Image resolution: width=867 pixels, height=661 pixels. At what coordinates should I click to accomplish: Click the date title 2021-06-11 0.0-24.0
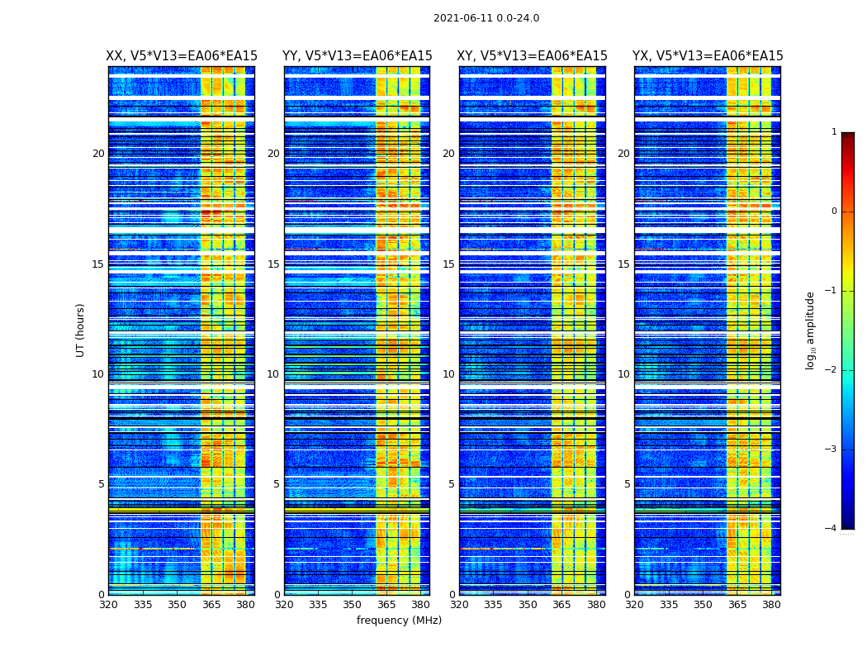click(x=486, y=18)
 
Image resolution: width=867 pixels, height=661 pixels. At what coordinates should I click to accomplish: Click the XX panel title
click(x=182, y=56)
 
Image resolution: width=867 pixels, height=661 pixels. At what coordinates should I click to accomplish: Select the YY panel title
click(x=357, y=56)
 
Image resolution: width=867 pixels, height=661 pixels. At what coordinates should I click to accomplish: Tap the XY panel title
click(x=533, y=56)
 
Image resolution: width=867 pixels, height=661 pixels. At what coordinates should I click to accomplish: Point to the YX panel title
click(x=708, y=56)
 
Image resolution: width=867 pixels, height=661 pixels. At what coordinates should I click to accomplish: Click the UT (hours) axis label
click(x=81, y=330)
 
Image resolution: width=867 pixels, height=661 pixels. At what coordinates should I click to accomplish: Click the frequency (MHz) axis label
click(x=399, y=621)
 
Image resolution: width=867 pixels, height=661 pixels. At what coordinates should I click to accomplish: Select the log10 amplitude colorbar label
click(x=811, y=330)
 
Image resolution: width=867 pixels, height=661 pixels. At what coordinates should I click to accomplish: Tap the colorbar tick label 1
click(x=834, y=132)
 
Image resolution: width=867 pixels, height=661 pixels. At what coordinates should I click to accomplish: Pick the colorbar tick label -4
click(x=832, y=529)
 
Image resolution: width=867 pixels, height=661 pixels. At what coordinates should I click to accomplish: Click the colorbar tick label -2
click(x=832, y=370)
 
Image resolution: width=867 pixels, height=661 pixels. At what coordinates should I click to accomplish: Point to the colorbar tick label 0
click(x=834, y=212)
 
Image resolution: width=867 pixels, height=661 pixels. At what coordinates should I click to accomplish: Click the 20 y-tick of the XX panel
click(x=98, y=154)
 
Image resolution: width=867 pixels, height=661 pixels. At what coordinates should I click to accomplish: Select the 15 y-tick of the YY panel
click(x=273, y=264)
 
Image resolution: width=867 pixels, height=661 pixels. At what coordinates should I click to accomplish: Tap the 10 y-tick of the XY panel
click(x=448, y=374)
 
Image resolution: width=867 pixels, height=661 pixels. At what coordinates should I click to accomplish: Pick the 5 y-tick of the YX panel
click(x=627, y=484)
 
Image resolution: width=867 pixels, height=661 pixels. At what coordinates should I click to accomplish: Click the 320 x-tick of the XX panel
click(x=108, y=605)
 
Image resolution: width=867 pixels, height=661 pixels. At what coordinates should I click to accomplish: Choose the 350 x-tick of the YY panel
click(x=353, y=605)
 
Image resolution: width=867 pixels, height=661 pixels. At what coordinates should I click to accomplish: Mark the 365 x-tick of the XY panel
click(x=561, y=605)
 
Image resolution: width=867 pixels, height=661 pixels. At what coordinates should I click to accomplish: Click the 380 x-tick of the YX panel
click(x=771, y=605)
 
